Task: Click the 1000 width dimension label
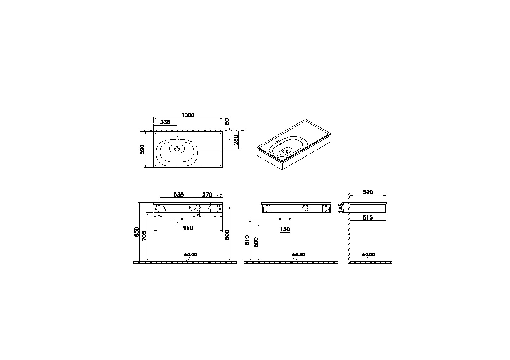[188, 115]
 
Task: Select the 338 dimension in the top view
[165, 122]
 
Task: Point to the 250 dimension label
[236, 142]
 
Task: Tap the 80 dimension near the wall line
[227, 122]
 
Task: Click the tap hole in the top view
[177, 137]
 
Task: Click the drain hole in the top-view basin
[177, 149]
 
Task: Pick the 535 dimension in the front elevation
[179, 195]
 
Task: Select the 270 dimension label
[207, 195]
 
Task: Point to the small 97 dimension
[220, 196]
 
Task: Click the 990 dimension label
[188, 228]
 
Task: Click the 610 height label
[247, 240]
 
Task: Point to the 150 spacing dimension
[285, 229]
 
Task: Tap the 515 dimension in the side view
[368, 217]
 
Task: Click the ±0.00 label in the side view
[368, 254]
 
